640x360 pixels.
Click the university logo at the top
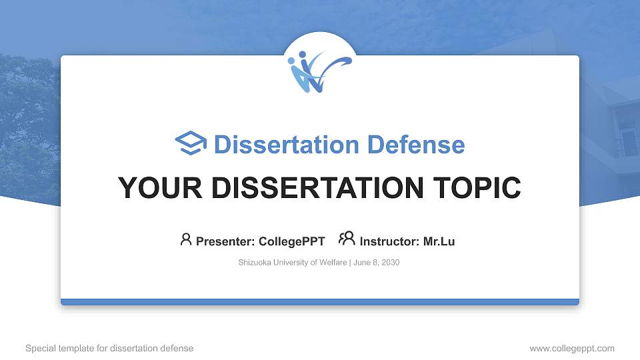(319, 71)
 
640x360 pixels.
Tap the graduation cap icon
(191, 143)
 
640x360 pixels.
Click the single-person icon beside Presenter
(186, 239)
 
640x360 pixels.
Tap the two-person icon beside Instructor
(347, 239)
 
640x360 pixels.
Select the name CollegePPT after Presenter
(292, 241)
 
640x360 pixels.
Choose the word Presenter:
(225, 241)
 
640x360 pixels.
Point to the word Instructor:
(389, 241)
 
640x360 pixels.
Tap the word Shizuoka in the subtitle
(254, 263)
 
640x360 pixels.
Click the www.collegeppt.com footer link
(571, 348)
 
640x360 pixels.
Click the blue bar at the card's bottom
(319, 302)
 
